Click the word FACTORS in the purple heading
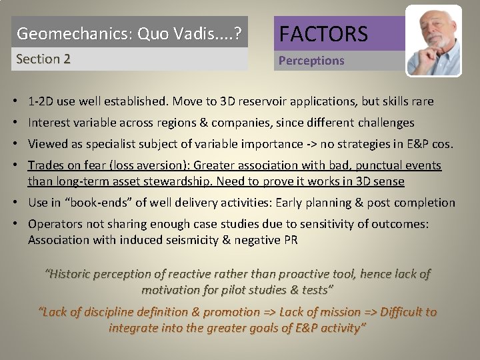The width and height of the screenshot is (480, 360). coord(323,33)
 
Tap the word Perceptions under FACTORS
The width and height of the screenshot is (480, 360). coord(311,61)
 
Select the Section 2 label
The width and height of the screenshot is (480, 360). coord(43,59)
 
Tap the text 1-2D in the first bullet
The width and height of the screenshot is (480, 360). coord(41,102)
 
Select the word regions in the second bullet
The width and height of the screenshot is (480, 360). coord(172,123)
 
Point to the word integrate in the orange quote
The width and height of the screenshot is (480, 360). coord(134,328)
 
